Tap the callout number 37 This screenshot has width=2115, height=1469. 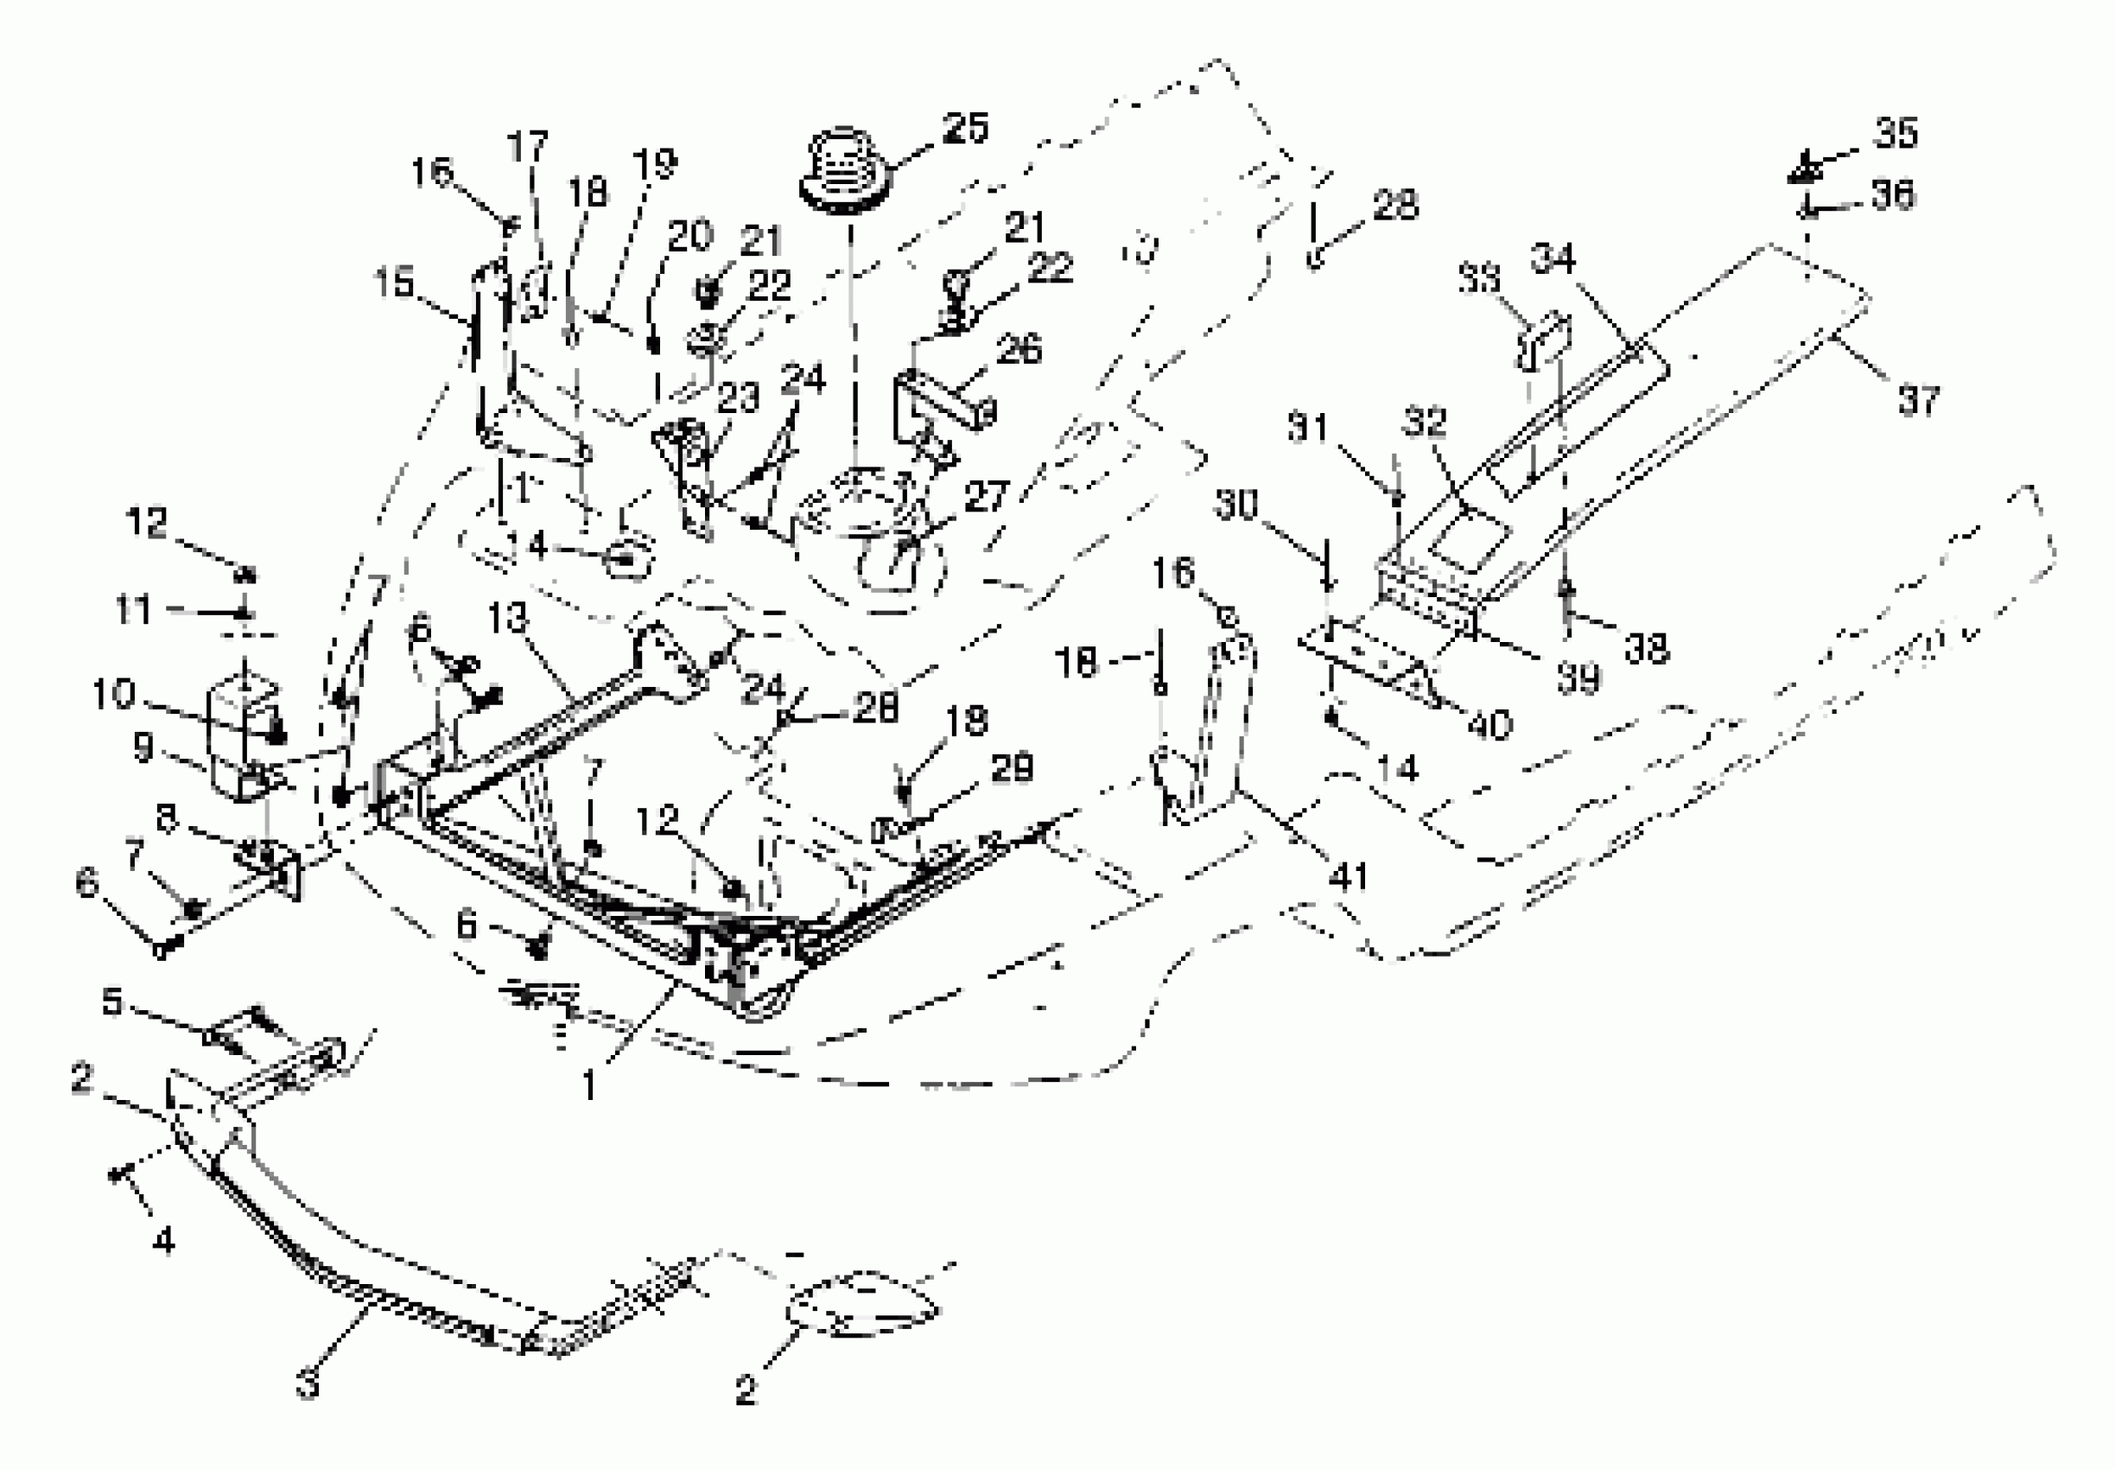(1918, 400)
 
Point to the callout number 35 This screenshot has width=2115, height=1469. (1896, 133)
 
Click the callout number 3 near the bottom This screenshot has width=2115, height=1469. (308, 1383)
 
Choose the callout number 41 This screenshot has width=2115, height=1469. (1350, 877)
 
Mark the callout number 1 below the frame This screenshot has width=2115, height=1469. (589, 1086)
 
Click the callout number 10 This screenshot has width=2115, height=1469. (113, 694)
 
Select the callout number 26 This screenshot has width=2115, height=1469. (1019, 349)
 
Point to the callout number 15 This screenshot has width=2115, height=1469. (394, 283)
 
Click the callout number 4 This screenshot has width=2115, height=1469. (163, 1241)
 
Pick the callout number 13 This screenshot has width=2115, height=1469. (508, 620)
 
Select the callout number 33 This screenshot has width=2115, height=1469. (1479, 277)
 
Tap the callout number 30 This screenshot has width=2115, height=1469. (1237, 505)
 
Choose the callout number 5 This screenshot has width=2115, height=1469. (112, 1001)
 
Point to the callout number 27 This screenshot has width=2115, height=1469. (986, 497)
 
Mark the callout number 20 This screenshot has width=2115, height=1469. (690, 237)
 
